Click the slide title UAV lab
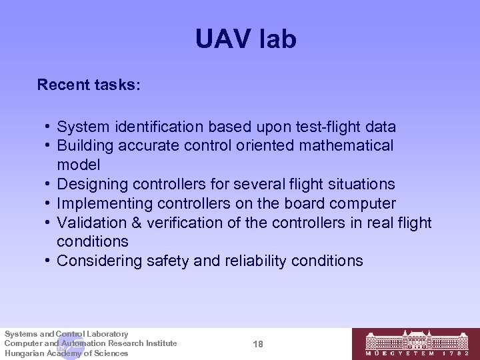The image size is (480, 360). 245,40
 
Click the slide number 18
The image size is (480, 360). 259,343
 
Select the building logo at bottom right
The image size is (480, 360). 414,343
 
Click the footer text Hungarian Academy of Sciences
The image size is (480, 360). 66,353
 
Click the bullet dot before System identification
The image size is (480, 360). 47,127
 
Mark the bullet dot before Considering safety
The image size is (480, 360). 47,261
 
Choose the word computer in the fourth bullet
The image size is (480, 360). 364,203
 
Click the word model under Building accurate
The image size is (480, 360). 79,165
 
